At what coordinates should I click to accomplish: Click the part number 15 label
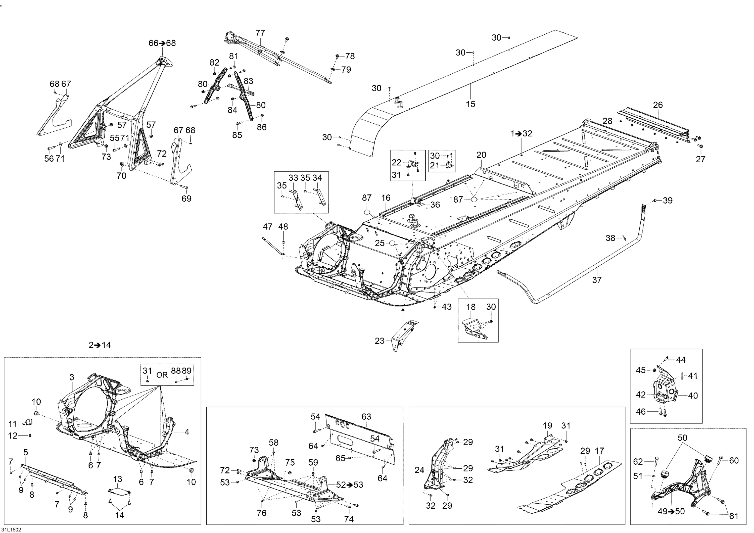[470, 104]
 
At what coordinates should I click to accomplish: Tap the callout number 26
[658, 105]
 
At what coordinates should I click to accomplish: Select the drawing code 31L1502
[11, 529]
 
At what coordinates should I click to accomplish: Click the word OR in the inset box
[162, 375]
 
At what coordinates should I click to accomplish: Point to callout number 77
[260, 33]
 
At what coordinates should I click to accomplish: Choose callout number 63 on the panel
[366, 416]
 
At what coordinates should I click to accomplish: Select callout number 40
[693, 396]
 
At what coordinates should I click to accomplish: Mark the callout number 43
[447, 307]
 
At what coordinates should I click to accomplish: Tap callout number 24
[419, 470]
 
